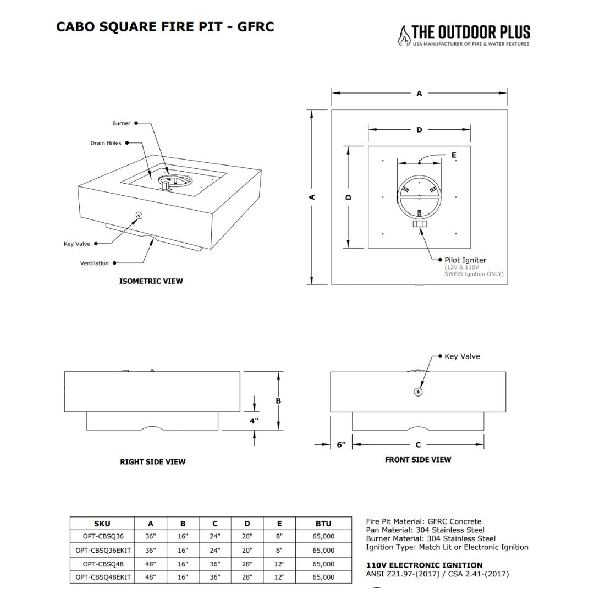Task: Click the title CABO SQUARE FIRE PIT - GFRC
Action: click(x=165, y=26)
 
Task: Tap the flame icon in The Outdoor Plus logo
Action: click(x=404, y=36)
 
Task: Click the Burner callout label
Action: click(x=121, y=124)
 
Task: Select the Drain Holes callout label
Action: click(x=106, y=143)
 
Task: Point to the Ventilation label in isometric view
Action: click(x=95, y=263)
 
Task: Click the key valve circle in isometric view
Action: click(x=139, y=215)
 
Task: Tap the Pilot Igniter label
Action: click(x=465, y=260)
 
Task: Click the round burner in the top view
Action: click(x=419, y=198)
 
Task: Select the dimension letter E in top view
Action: click(x=454, y=155)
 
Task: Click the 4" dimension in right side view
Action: click(x=254, y=421)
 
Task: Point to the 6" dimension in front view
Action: click(x=341, y=445)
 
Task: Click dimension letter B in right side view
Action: click(x=278, y=401)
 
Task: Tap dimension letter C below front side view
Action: click(x=418, y=445)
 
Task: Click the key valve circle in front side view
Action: click(x=418, y=392)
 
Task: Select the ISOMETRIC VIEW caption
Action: click(x=151, y=281)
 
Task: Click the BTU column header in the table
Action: click(x=323, y=524)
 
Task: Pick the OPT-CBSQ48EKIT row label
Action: click(x=103, y=577)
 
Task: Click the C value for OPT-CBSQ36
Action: click(x=215, y=536)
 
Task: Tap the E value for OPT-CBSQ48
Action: click(x=279, y=564)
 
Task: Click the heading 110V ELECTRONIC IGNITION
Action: click(x=424, y=565)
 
